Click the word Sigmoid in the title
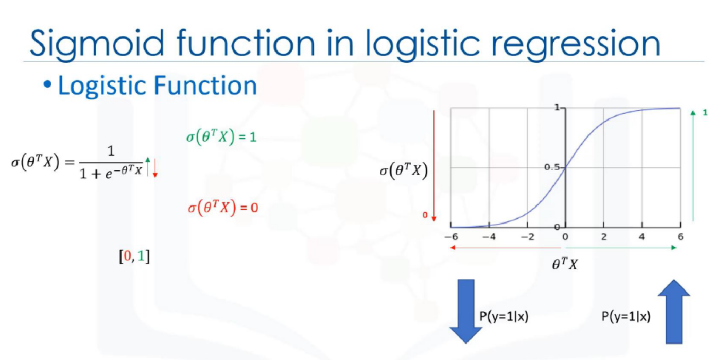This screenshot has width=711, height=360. tap(97, 44)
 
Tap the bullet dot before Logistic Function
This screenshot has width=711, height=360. tap(47, 85)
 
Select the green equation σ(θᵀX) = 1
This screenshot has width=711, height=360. tap(221, 137)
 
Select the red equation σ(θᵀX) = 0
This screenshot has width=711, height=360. tap(223, 208)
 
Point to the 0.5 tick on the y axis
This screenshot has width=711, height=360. tap(552, 167)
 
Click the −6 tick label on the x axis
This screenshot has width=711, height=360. tap(451, 237)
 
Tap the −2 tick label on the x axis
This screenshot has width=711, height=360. tap(528, 237)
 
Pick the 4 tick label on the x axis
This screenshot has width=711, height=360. tap(642, 237)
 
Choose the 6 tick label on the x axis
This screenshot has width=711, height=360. tap(680, 237)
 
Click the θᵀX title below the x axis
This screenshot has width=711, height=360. tap(565, 264)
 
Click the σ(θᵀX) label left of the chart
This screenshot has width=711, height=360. tap(404, 171)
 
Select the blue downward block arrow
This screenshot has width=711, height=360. tap(466, 311)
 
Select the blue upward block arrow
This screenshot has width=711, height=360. tap(674, 311)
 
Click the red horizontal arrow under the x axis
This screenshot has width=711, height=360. tap(506, 247)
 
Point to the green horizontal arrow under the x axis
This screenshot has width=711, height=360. tap(621, 247)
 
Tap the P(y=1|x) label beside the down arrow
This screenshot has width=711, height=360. tap(504, 317)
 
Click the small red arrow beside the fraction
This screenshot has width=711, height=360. tap(155, 168)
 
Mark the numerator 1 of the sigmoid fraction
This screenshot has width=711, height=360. tap(111, 150)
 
